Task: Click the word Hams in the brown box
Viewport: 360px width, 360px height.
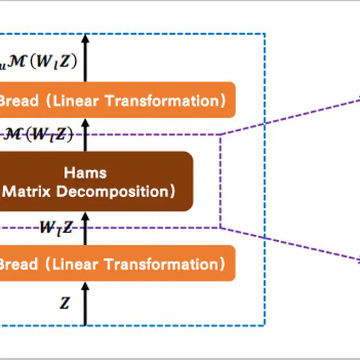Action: pos(85,173)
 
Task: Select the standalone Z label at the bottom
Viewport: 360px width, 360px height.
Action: pos(65,302)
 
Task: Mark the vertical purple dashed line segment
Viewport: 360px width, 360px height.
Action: pos(220,181)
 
